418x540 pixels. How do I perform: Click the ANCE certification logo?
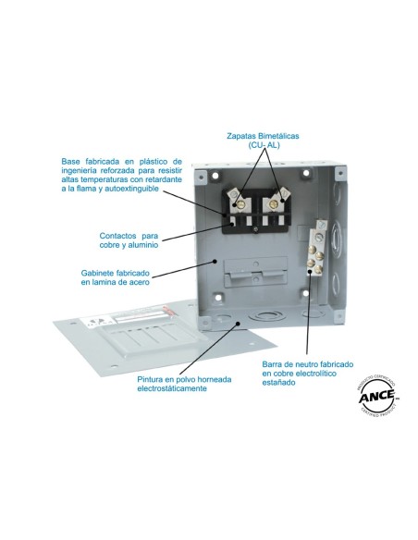(377, 396)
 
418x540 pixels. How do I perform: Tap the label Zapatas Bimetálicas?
(263, 136)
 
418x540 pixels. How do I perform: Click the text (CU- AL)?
(264, 145)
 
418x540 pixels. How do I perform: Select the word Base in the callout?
(71, 161)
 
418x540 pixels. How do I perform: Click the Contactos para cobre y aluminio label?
(129, 240)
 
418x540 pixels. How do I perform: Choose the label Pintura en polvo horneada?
(184, 379)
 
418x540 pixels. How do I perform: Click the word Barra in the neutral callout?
(271, 364)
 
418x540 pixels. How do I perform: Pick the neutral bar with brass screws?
(316, 249)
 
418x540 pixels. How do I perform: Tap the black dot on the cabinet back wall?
(215, 261)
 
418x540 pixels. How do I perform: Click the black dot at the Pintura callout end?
(238, 323)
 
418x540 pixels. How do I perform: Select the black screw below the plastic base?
(255, 228)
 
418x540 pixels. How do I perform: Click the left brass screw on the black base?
(240, 204)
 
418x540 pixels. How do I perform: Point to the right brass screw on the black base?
(274, 204)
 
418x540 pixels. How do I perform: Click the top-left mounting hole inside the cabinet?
(215, 176)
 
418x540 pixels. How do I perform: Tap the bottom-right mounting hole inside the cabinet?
(305, 293)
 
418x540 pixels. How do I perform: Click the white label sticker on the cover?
(97, 323)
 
